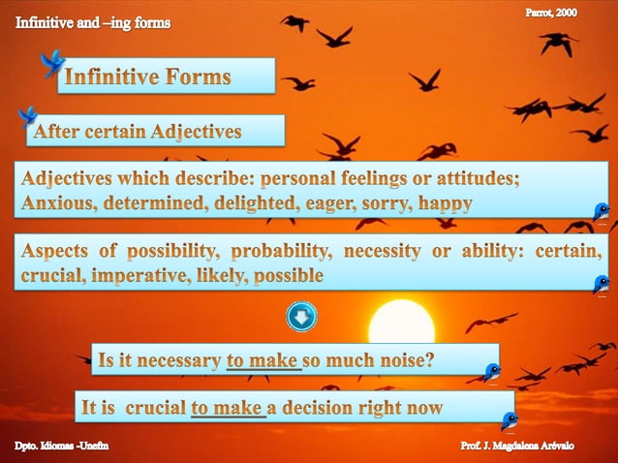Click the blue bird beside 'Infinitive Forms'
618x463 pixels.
(x=51, y=65)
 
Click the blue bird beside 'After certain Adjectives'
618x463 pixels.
(x=27, y=117)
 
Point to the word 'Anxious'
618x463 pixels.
(x=58, y=203)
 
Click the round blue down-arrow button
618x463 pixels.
(x=301, y=316)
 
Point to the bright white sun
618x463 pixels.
(x=401, y=325)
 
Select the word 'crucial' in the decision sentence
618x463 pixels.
(x=154, y=408)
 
